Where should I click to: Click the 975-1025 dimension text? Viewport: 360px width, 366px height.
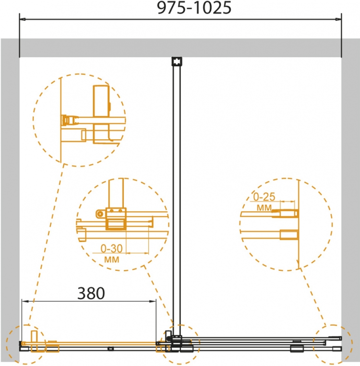[x=194, y=8]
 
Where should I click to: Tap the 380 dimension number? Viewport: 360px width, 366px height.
[x=91, y=293]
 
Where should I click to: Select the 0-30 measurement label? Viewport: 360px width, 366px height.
[x=111, y=249]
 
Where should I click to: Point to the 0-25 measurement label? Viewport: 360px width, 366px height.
[x=264, y=197]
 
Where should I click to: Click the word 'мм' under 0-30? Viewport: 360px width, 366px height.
[x=111, y=259]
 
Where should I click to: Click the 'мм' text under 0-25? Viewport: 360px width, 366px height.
[x=264, y=207]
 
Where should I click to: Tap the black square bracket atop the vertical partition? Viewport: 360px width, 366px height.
[x=177, y=61]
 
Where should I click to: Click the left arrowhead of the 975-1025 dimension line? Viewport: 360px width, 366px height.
[x=23, y=19]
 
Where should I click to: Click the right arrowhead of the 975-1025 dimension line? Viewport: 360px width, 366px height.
[x=338, y=19]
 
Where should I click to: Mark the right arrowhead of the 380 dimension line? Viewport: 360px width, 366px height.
[x=153, y=301]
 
